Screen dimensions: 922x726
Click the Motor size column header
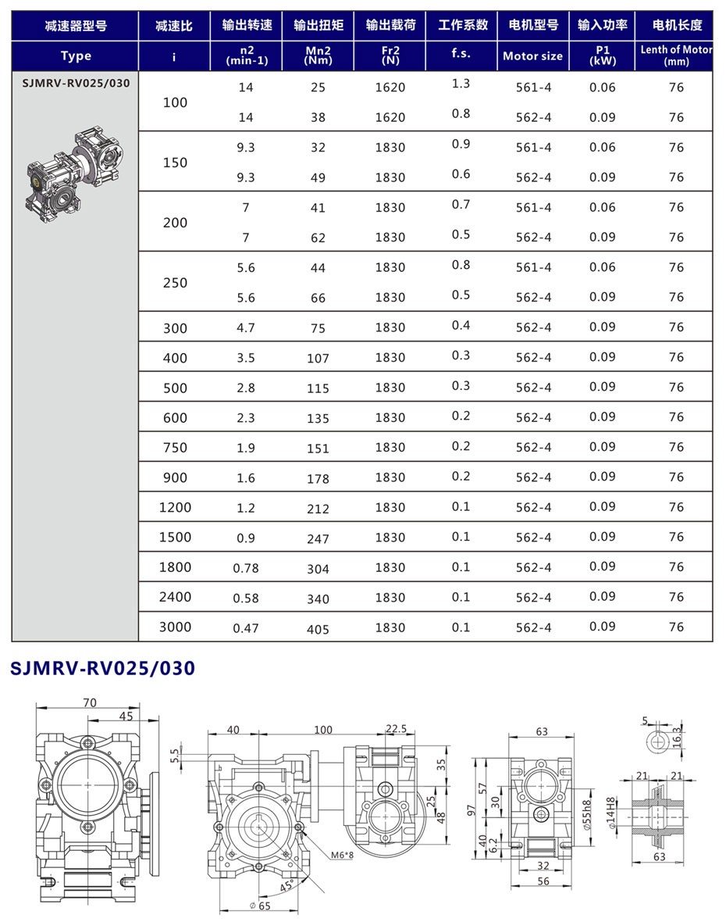[532, 56]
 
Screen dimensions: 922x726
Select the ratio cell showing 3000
[175, 627]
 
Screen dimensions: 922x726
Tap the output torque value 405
[318, 629]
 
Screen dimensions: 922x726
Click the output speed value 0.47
[246, 628]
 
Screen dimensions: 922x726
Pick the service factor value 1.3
[461, 84]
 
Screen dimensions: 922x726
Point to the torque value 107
[318, 359]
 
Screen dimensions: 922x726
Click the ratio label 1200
[175, 507]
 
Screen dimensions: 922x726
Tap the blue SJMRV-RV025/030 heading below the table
[101, 668]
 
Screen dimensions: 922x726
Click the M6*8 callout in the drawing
[342, 855]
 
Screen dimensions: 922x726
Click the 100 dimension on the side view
[322, 730]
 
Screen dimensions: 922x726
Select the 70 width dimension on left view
[89, 702]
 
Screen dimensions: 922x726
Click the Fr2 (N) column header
[390, 56]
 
